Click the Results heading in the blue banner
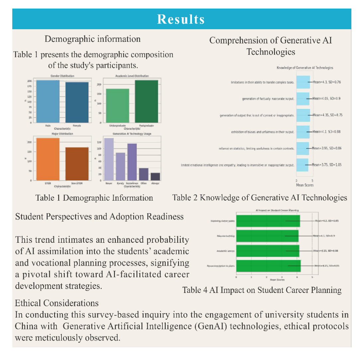click(181, 19)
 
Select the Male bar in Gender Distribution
click(48, 102)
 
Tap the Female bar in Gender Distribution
click(76, 103)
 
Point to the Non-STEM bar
click(76, 164)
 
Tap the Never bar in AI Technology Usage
click(109, 159)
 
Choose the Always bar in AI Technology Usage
click(155, 177)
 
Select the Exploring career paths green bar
click(268, 221)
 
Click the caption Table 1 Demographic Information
click(94, 198)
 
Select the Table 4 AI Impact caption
click(262, 290)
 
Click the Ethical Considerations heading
click(57, 303)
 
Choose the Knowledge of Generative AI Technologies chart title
click(305, 68)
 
